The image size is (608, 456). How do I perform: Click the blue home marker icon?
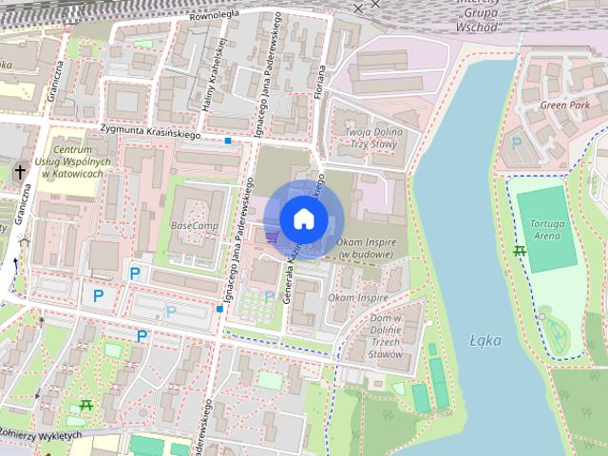coord(303,219)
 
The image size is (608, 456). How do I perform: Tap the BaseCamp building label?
coord(194,226)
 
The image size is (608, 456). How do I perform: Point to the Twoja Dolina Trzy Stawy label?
coord(370,137)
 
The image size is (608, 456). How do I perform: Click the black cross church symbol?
coord(20,173)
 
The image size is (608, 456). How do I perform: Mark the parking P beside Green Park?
coord(517,142)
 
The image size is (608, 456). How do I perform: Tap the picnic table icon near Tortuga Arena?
coord(520,251)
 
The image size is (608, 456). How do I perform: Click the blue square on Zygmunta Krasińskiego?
coord(228,141)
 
